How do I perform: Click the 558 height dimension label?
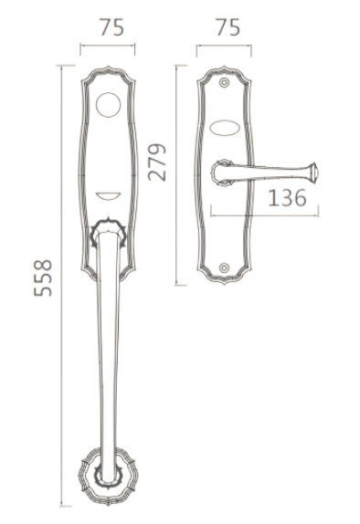pyautogui.click(x=43, y=278)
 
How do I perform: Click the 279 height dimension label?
pyautogui.click(x=157, y=162)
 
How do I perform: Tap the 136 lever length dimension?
pyautogui.click(x=287, y=197)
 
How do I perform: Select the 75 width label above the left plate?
pyautogui.click(x=111, y=27)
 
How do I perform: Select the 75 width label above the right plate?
pyautogui.click(x=228, y=27)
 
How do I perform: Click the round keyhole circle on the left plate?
pyautogui.click(x=108, y=105)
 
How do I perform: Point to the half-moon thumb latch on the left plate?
pyautogui.click(x=109, y=196)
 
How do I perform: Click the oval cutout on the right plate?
pyautogui.click(x=224, y=128)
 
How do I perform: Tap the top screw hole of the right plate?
pyautogui.click(x=224, y=82)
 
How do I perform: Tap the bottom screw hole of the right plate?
pyautogui.click(x=224, y=267)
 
